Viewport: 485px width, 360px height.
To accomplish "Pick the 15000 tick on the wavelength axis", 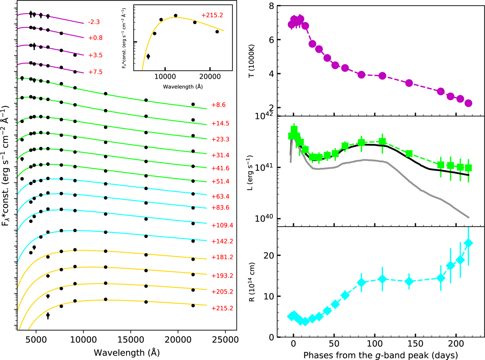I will coord(131,341).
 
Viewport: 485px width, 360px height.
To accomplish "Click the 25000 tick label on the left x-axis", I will coord(225,341).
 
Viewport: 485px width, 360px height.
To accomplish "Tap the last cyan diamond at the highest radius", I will coord(468,243).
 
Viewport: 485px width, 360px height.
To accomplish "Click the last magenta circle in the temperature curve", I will coord(468,103).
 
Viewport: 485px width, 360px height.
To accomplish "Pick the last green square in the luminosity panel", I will coord(468,168).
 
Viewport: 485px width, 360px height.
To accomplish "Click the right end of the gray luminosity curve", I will coord(468,218).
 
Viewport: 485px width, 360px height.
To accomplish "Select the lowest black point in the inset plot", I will coord(148,56).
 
